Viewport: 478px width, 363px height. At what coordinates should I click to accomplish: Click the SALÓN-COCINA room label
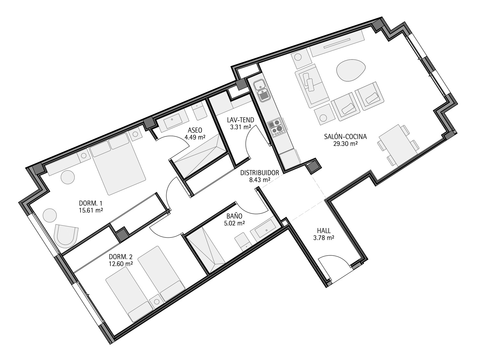[346, 137]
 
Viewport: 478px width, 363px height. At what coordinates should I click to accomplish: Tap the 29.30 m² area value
[346, 144]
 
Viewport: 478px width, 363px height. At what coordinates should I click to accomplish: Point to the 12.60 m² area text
[121, 264]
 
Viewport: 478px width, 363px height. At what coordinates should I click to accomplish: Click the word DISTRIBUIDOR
[259, 173]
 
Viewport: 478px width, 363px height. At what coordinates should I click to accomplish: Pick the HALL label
[324, 231]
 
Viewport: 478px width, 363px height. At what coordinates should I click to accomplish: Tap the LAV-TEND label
[240, 120]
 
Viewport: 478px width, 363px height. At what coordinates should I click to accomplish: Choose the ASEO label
[195, 130]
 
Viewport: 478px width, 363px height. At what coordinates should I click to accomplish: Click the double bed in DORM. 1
[117, 164]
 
